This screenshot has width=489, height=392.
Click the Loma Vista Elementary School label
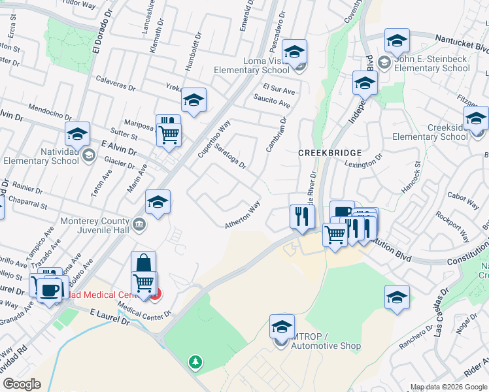266,65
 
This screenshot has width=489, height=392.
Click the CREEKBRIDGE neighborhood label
326,152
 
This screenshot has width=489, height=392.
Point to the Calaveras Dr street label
115,87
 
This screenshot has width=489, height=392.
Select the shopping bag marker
143,263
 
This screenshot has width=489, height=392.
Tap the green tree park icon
194,361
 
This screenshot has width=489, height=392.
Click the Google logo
22,385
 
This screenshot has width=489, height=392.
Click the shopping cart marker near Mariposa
169,135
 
